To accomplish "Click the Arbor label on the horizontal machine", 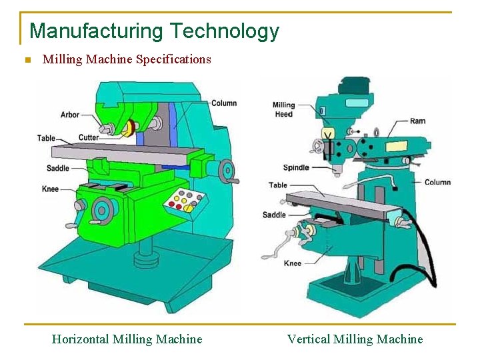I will point(70,115).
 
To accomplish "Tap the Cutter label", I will point(88,138).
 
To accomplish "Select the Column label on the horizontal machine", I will point(224,103).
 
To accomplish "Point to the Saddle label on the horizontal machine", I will point(58,169).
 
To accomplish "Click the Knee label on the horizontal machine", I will point(51,189).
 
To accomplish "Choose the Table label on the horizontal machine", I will point(46,139).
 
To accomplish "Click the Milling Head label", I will point(283,109).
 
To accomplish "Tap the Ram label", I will point(417,121).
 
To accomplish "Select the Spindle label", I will point(296,168).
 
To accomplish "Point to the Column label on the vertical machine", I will point(437,182).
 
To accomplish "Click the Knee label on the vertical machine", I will point(293,263).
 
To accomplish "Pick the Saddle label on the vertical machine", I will point(274,215).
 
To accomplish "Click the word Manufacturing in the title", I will point(96,31).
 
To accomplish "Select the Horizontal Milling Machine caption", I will point(127,339).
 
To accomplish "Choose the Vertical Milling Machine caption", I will point(355,339).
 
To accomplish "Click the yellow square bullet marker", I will point(27,60).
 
